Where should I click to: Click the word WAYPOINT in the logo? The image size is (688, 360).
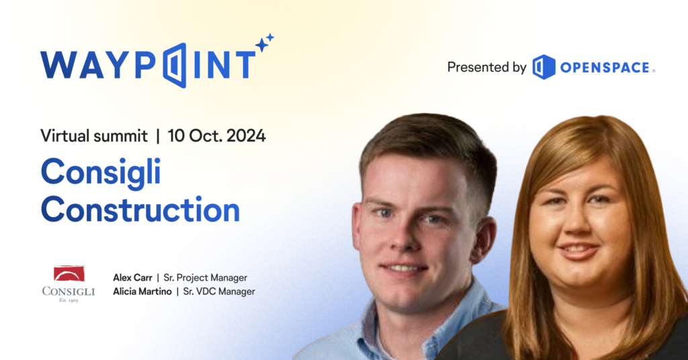click(x=148, y=66)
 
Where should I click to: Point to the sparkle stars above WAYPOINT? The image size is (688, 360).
click(x=264, y=43)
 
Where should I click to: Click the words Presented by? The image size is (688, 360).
click(x=486, y=67)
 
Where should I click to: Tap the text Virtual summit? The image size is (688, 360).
click(x=93, y=135)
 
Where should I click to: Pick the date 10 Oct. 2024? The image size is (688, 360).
click(x=216, y=135)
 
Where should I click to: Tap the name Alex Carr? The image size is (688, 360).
click(x=132, y=277)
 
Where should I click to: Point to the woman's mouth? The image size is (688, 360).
click(x=579, y=251)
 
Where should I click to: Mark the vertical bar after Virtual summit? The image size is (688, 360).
click(x=158, y=135)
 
